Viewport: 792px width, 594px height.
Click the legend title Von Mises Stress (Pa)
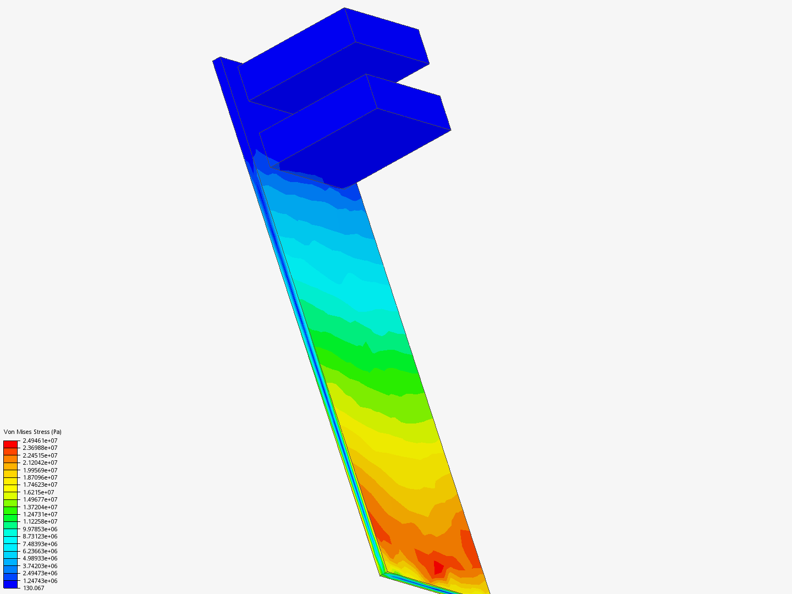click(32, 432)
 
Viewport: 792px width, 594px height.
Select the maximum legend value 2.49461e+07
click(40, 441)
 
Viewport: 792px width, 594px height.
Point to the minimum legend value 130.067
click(34, 588)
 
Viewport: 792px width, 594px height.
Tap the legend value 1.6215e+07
click(38, 492)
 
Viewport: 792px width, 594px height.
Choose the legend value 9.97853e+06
click(40, 529)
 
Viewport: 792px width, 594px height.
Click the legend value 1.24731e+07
click(40, 514)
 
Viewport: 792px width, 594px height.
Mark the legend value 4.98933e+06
click(40, 558)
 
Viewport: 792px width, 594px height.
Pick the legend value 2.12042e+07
click(40, 463)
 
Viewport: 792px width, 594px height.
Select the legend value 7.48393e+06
click(40, 544)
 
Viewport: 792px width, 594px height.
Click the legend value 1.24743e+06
click(40, 581)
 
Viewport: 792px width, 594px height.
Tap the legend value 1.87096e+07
click(40, 477)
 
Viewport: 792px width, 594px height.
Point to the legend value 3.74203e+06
click(40, 566)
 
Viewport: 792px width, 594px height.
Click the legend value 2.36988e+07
click(40, 448)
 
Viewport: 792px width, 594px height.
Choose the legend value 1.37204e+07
click(40, 507)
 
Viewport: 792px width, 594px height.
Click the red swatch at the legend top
click(10, 444)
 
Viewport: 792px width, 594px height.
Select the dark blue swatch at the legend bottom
click(10, 584)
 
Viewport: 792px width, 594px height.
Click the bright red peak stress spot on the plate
click(438, 567)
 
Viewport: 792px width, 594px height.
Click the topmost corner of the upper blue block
click(345, 8)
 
